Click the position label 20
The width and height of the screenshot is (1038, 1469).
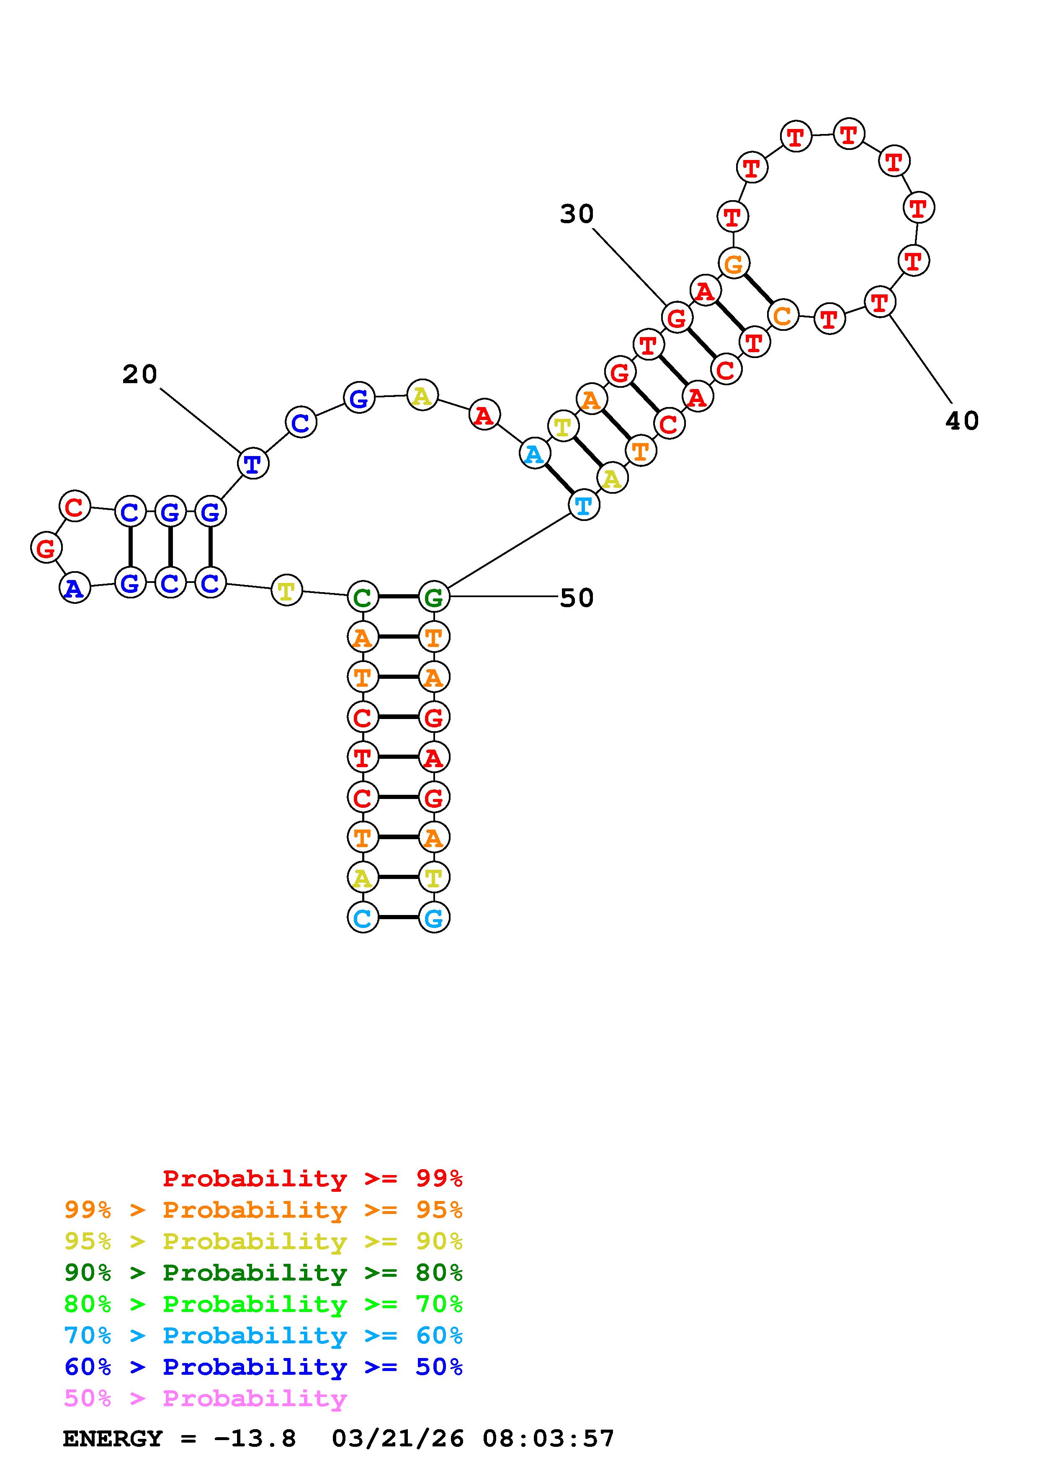coord(139,374)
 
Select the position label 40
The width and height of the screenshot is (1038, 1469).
coord(961,421)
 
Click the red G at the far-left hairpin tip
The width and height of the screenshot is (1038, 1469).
coord(46,548)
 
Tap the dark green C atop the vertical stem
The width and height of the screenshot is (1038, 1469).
coord(363,598)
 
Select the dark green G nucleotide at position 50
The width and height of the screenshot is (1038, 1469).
coord(434,598)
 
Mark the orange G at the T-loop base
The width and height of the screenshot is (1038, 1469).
coord(734,263)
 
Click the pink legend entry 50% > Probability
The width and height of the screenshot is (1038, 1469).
coord(206,1399)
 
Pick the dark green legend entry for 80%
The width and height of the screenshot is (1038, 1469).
coord(263,1273)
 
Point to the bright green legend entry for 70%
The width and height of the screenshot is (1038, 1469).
coord(263,1304)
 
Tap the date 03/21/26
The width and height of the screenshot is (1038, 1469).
coord(397,1439)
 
